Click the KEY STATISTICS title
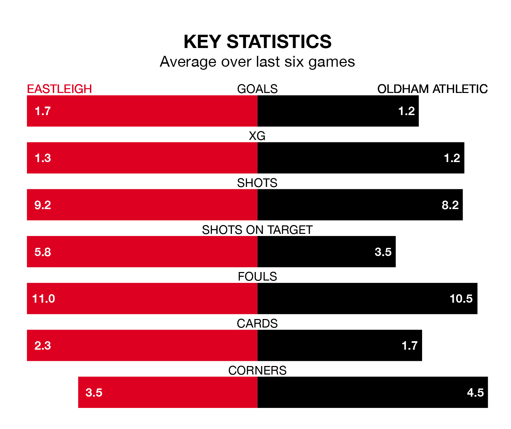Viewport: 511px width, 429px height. [257, 42]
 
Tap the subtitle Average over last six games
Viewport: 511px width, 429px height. [257, 62]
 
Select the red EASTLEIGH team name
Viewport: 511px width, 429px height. [59, 89]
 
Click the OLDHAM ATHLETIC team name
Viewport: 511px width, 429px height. [432, 89]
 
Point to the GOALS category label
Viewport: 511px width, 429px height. [257, 89]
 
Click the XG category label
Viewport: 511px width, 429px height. [257, 136]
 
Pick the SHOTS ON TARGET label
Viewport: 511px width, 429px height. [257, 230]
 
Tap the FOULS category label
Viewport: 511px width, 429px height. [257, 276]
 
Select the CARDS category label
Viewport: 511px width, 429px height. [257, 323]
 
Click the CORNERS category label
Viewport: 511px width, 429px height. [257, 370]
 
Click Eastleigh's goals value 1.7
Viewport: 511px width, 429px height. [43, 111]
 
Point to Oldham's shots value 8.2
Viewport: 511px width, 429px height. [450, 205]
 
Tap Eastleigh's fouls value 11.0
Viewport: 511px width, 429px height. [43, 299]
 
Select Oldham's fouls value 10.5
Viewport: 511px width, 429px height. [461, 299]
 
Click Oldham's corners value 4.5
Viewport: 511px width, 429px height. [475, 393]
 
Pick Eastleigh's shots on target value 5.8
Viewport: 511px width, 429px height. [43, 252]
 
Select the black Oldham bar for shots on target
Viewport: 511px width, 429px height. [313, 252]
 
